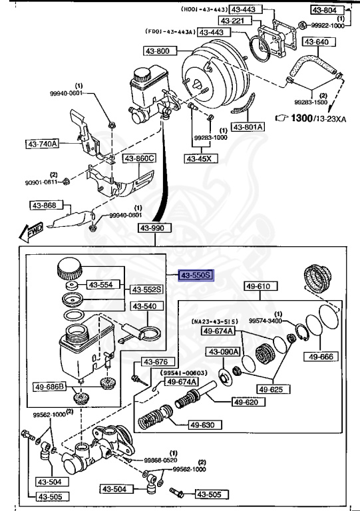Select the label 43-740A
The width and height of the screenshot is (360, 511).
pyautogui.click(x=43, y=143)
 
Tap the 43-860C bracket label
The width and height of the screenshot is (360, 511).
pyautogui.click(x=139, y=158)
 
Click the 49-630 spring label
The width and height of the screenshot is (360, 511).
pyautogui.click(x=204, y=425)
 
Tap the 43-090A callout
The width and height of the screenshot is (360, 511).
pyautogui.click(x=222, y=352)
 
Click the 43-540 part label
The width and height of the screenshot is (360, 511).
pyautogui.click(x=144, y=306)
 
